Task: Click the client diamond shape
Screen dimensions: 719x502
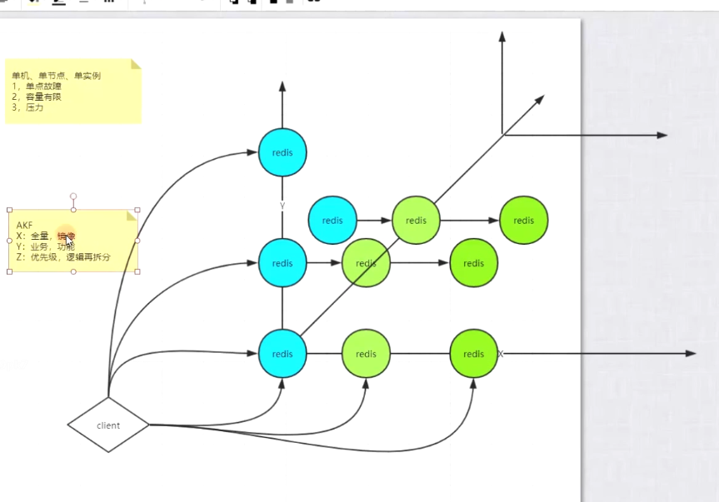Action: [x=108, y=425]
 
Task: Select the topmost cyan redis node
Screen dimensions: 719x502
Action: [x=282, y=153]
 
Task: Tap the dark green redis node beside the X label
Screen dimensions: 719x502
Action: [x=473, y=353]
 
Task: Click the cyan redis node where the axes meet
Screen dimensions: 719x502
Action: [x=282, y=353]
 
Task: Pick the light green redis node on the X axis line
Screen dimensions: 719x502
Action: [x=366, y=353]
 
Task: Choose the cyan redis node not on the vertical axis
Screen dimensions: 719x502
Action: [x=332, y=221]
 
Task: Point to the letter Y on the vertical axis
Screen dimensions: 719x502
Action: [x=282, y=205]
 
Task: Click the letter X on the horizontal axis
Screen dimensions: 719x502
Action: [x=501, y=354]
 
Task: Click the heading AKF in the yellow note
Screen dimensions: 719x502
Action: [x=25, y=226]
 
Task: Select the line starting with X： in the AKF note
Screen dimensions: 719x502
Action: [x=45, y=236]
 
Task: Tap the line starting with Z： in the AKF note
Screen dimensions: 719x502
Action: [x=63, y=257]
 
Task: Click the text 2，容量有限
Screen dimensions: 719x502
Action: [x=37, y=97]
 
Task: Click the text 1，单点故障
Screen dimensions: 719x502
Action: [x=37, y=87]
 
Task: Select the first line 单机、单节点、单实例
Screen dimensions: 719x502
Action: [x=56, y=76]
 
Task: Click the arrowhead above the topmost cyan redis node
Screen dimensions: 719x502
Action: [x=282, y=87]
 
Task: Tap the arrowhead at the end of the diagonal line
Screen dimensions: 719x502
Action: [x=540, y=99]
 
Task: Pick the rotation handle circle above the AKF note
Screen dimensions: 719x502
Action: [x=73, y=197]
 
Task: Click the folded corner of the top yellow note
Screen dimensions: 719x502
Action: [x=136, y=64]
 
